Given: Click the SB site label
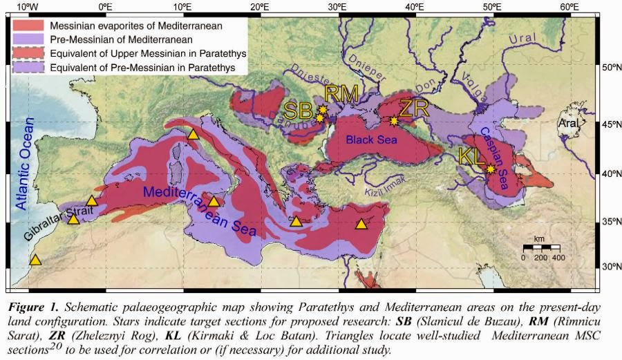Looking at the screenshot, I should [299, 111].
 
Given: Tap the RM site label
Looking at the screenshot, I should [341, 93].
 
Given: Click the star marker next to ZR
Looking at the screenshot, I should [394, 121].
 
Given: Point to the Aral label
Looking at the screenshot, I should [568, 124].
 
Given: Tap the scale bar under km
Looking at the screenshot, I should [541, 247].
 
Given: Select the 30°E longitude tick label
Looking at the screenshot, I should [337, 7].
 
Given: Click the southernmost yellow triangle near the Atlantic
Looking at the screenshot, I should [35, 260].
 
